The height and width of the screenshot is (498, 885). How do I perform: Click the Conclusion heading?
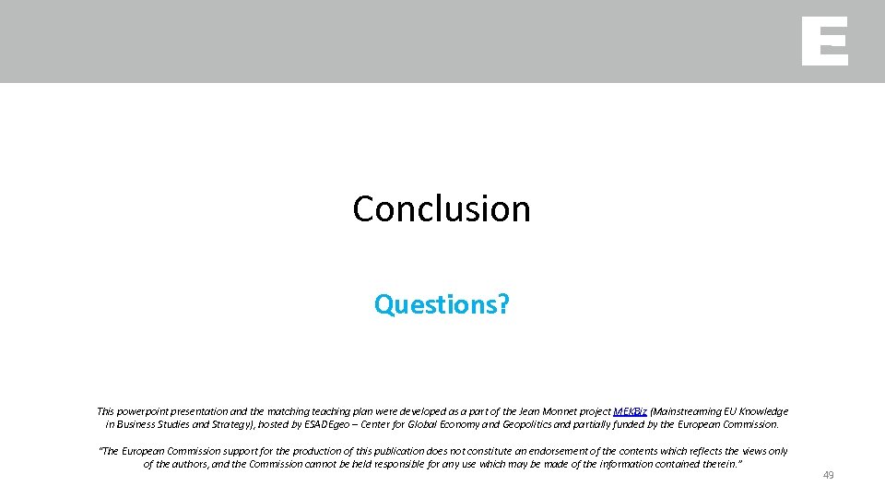[x=442, y=209]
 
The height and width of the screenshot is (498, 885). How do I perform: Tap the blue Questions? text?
[x=442, y=304]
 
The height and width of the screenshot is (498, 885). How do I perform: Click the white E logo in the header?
[x=824, y=41]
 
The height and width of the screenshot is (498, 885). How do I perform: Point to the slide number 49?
[x=828, y=475]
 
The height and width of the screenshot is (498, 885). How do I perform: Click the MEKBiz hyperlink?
[x=630, y=411]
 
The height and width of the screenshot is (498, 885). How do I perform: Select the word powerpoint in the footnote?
[x=149, y=411]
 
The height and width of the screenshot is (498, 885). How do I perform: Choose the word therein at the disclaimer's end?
[x=719, y=464]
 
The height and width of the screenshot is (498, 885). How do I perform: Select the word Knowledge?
[x=761, y=411]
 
